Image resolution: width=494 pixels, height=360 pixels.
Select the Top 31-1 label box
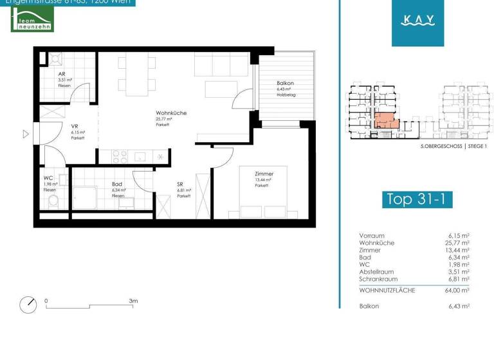pyautogui.click(x=416, y=199)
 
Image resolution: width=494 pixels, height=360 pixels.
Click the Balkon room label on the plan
pyautogui.click(x=285, y=84)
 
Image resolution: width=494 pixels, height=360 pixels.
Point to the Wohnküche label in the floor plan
pyautogui.click(x=170, y=113)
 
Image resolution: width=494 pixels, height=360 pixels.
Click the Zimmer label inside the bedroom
pyautogui.click(x=264, y=174)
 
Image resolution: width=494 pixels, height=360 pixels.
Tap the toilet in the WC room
pyautogui.click(x=53, y=202)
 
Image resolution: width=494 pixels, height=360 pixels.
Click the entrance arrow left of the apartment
pyautogui.click(x=26, y=134)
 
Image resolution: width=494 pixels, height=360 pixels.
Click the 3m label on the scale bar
pyautogui.click(x=133, y=300)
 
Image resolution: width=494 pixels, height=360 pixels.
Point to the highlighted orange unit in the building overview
pyautogui.click(x=385, y=120)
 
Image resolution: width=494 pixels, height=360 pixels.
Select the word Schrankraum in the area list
pyautogui.click(x=378, y=279)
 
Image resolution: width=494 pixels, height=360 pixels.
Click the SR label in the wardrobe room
pyautogui.click(x=181, y=184)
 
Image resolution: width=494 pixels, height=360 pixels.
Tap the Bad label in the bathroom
pyautogui.click(x=116, y=184)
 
